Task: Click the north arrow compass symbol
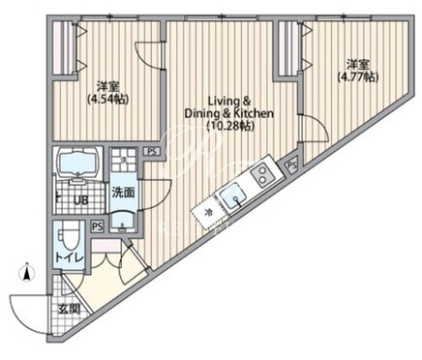[27, 272]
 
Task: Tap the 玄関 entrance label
[69, 310]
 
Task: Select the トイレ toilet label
[70, 257]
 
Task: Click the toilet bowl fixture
[68, 237]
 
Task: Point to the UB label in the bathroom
[80, 200]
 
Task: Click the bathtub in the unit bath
[77, 162]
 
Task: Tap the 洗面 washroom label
[123, 193]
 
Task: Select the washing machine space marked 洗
[123, 160]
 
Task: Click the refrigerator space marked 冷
[207, 212]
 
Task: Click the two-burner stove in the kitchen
[264, 175]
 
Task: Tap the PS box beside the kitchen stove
[291, 165]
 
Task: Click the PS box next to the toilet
[97, 226]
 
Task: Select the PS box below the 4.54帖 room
[152, 151]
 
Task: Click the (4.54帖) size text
[108, 100]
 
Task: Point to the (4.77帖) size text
[357, 76]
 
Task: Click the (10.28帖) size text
[230, 126]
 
